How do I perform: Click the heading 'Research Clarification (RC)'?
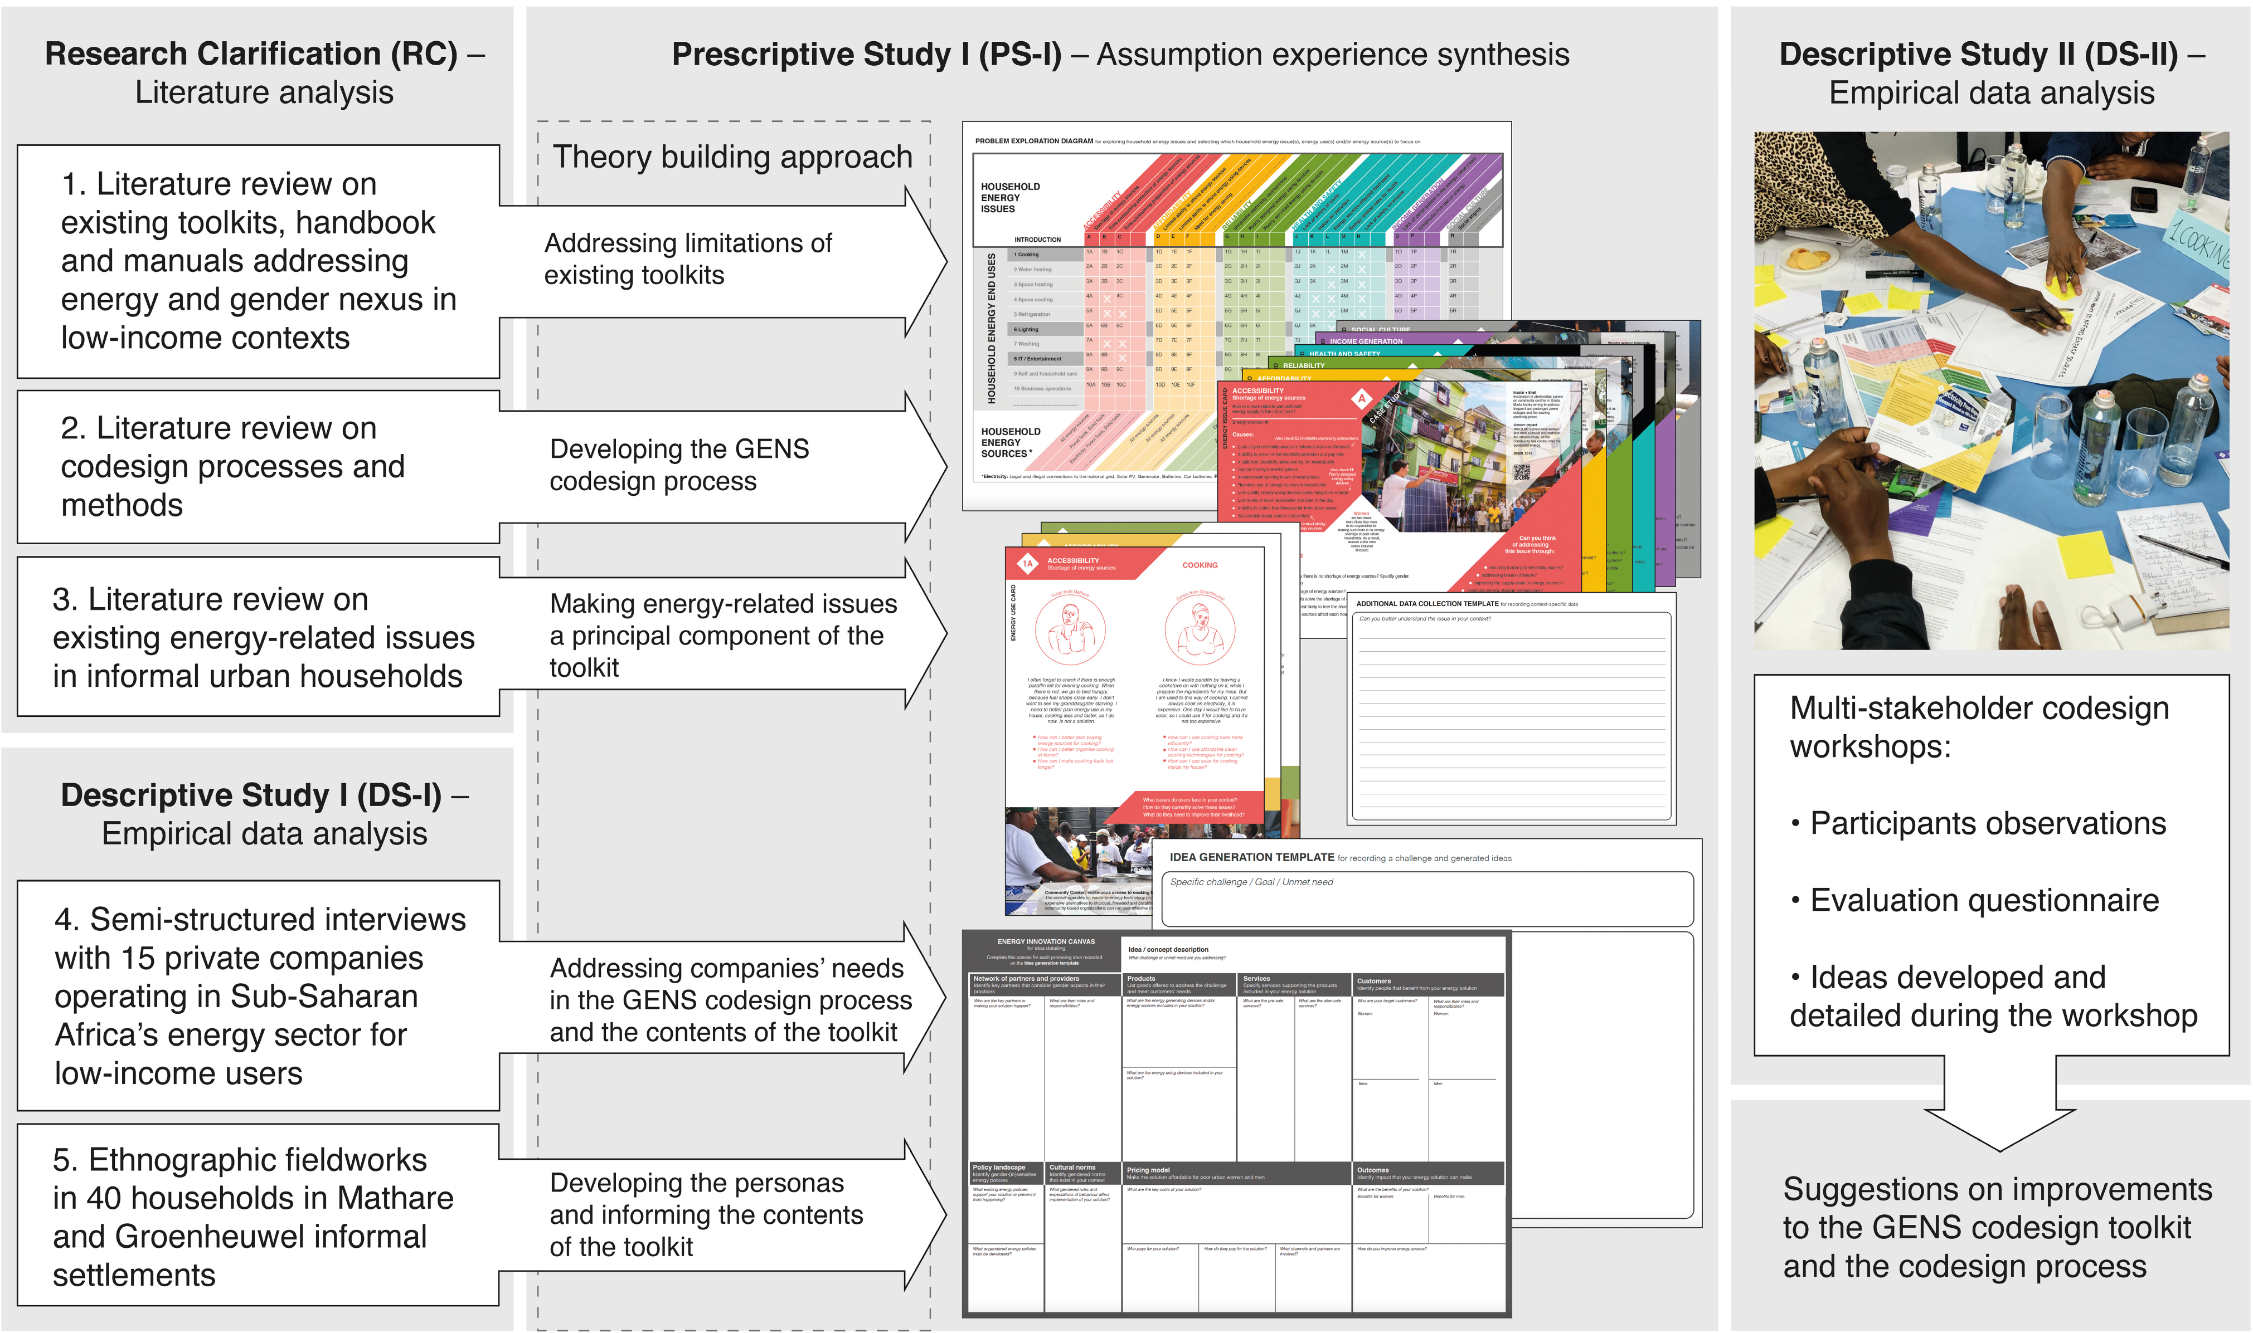(x=251, y=54)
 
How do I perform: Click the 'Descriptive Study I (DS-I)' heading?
(x=251, y=795)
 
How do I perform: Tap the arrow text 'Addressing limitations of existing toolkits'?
(x=687, y=258)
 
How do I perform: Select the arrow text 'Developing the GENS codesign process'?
(x=678, y=465)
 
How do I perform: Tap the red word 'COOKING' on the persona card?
(x=1199, y=565)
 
